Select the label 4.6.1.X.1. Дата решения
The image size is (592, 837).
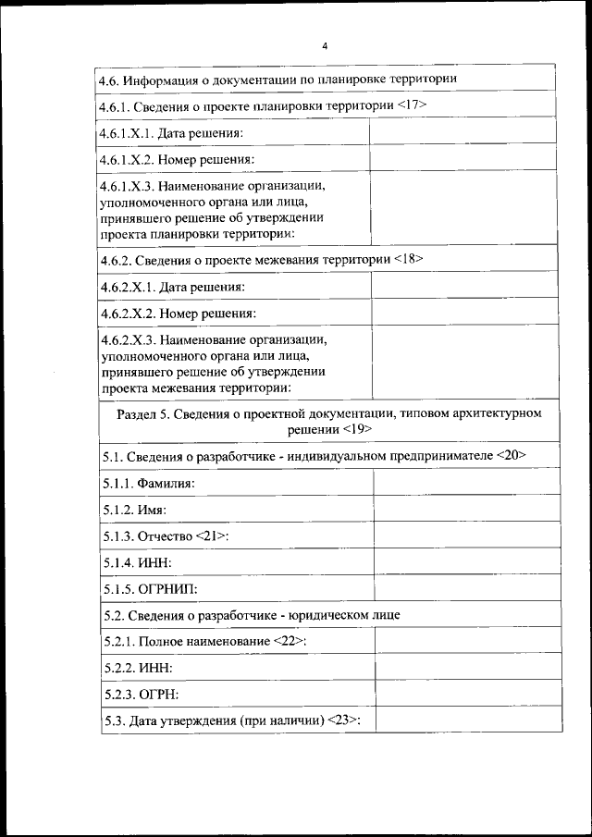point(172,134)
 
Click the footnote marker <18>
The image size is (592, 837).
point(408,260)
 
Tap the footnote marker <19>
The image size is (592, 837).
point(356,430)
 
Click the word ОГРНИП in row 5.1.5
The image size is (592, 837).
point(168,588)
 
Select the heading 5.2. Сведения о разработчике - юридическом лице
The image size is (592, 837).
point(252,614)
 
